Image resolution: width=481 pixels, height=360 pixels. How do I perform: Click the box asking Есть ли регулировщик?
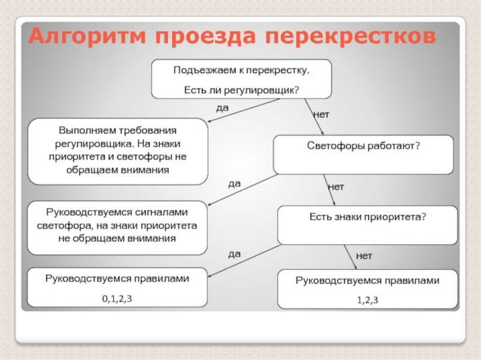click(x=241, y=79)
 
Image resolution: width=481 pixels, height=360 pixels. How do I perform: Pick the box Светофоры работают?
click(x=363, y=154)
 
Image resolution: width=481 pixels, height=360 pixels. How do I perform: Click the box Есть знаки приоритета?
click(x=367, y=225)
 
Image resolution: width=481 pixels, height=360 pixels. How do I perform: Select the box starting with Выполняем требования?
click(x=117, y=151)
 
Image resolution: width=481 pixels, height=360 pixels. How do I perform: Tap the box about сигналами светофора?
click(x=117, y=228)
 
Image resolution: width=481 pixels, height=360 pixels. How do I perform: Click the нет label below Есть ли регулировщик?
click(x=321, y=114)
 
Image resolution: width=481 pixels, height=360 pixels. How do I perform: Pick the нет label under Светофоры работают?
click(x=335, y=187)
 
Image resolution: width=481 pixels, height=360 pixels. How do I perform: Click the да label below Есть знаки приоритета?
click(x=234, y=254)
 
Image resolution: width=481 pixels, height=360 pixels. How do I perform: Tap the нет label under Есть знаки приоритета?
click(x=364, y=256)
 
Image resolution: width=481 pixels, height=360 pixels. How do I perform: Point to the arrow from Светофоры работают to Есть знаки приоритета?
click(x=329, y=190)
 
